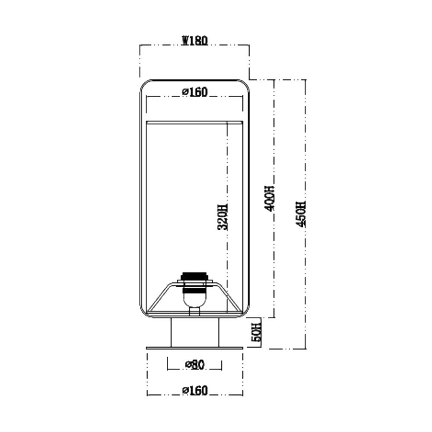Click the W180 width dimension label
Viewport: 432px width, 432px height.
point(194,41)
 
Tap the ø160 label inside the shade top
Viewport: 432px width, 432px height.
point(195,92)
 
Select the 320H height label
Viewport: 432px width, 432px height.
point(222,217)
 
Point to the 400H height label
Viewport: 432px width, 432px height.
point(269,198)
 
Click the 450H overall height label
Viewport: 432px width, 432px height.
point(301,214)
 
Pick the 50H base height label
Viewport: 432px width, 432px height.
point(257,332)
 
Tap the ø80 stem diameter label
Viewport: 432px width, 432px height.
point(195,365)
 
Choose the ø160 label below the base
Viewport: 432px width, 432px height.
point(195,391)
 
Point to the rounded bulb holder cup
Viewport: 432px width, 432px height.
point(195,300)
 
